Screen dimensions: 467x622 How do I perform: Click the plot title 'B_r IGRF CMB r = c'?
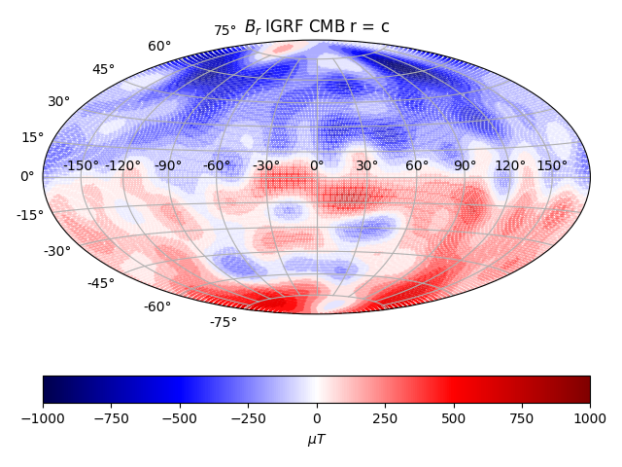click(x=317, y=26)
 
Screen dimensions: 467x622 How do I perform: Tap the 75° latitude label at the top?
click(x=225, y=31)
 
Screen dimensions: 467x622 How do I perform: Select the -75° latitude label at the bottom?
click(x=224, y=322)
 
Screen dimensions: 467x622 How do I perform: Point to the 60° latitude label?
click(x=159, y=47)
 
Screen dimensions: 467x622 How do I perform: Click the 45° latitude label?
click(x=103, y=70)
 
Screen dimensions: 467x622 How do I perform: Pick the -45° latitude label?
click(x=100, y=283)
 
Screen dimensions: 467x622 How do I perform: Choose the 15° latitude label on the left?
click(x=33, y=137)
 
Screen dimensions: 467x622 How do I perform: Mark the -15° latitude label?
click(x=29, y=215)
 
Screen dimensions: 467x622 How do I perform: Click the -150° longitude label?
click(x=82, y=166)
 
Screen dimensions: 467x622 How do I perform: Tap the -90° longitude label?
click(x=167, y=166)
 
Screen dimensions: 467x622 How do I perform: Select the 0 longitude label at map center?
click(x=316, y=166)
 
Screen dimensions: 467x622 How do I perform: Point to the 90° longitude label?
click(x=465, y=166)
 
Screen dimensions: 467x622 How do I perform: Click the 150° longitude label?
click(x=552, y=166)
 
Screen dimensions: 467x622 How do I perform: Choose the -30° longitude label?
click(x=266, y=166)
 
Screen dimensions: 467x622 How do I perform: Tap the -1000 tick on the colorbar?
click(x=43, y=417)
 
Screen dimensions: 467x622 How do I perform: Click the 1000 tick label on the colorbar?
click(x=590, y=417)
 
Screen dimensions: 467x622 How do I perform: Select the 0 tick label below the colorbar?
click(x=317, y=417)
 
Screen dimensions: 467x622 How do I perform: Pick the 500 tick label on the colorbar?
click(x=453, y=417)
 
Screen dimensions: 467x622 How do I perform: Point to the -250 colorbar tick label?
click(x=248, y=417)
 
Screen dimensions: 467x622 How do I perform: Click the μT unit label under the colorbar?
click(x=317, y=440)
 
